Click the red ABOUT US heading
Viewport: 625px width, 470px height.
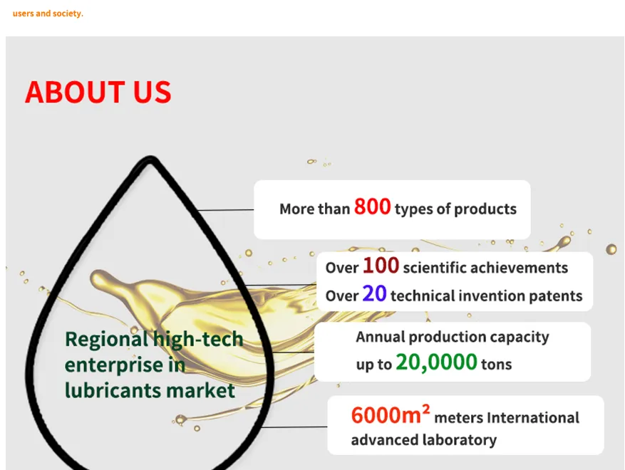(98, 92)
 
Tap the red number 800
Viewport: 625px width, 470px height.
(372, 207)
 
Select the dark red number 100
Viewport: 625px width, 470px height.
(381, 266)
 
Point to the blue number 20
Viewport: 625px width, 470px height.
(374, 293)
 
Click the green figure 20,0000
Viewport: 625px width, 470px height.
(436, 362)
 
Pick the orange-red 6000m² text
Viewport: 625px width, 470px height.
(391, 414)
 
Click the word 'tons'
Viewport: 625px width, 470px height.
(496, 364)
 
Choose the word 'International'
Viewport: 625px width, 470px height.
(533, 418)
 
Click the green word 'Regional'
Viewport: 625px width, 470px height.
(107, 340)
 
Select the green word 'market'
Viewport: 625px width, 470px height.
(200, 390)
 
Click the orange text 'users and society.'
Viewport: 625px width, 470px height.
(48, 14)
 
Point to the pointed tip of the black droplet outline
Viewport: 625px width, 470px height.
(150, 157)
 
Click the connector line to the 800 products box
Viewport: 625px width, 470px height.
(226, 209)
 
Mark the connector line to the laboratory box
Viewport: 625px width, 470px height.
(294, 427)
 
